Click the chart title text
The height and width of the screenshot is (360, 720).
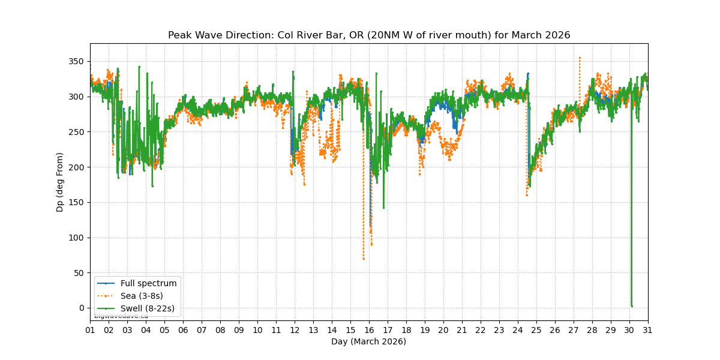(369, 35)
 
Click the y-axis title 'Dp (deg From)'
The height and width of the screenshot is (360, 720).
(60, 182)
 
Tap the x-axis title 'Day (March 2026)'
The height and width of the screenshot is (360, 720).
(368, 341)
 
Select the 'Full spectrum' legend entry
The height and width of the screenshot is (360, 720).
(148, 283)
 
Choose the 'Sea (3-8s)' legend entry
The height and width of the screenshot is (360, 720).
(142, 296)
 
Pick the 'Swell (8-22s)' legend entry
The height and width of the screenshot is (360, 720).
(148, 308)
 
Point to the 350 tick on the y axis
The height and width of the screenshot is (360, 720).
(77, 62)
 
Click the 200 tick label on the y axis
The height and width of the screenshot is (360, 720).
(77, 167)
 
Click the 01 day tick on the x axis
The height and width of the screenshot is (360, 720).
(90, 330)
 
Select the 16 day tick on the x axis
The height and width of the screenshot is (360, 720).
(369, 330)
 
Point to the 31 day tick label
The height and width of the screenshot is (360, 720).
(648, 330)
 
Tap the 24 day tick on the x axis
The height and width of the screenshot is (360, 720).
(518, 330)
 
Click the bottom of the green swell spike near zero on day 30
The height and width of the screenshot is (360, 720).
(631, 306)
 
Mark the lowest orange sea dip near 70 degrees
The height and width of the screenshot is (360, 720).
(364, 259)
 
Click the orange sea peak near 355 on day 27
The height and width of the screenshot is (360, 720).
(580, 58)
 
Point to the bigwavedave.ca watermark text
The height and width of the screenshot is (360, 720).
(121, 316)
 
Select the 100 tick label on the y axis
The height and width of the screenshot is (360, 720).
(77, 238)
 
